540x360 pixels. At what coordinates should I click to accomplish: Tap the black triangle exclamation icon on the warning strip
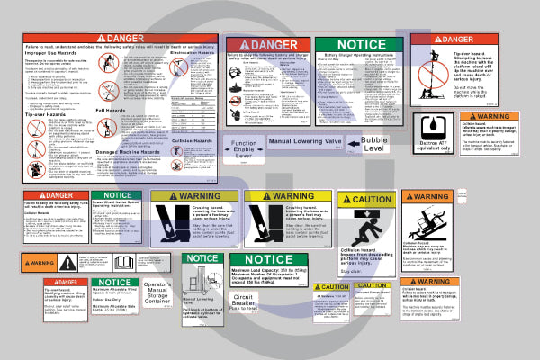click(x=68, y=264)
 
